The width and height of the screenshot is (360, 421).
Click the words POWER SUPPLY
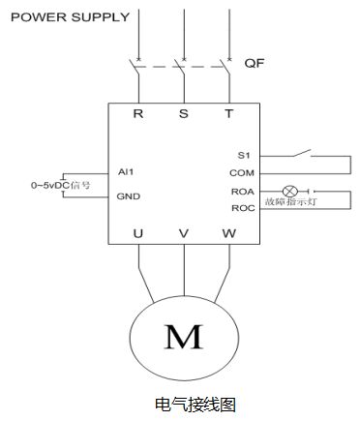70,17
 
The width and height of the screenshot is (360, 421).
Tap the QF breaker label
255,63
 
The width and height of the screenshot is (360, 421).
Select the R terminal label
138,113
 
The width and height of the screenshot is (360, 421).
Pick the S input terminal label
184,113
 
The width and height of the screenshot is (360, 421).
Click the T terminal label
228,113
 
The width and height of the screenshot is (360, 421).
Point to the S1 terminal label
244,156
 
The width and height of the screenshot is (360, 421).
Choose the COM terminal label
242,173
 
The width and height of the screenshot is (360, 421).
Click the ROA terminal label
243,192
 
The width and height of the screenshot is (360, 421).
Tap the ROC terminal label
243,208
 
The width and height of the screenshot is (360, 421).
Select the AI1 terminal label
126,172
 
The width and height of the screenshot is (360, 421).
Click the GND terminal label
129,196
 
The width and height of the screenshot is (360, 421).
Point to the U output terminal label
138,233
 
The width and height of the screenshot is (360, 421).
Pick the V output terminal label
184,233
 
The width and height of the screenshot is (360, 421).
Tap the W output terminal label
229,233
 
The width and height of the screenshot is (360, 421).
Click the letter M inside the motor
184,337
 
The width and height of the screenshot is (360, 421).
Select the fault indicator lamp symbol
290,192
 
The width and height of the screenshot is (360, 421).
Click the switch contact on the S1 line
302,153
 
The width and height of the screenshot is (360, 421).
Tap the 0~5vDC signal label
60,185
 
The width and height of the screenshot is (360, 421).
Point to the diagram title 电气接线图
195,405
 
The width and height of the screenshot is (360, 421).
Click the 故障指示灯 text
291,202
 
